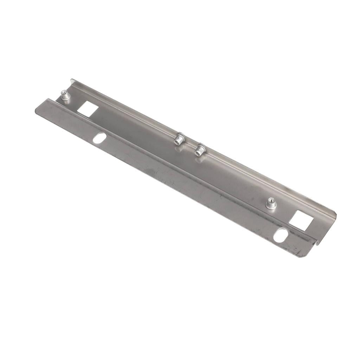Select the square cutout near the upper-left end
[x=88, y=109]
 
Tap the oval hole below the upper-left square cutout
[x=99, y=137]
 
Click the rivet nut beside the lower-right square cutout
[x=271, y=203]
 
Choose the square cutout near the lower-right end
[x=301, y=220]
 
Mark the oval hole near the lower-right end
[x=281, y=235]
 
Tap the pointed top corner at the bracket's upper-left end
[x=72, y=80]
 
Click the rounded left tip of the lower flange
[x=37, y=110]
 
